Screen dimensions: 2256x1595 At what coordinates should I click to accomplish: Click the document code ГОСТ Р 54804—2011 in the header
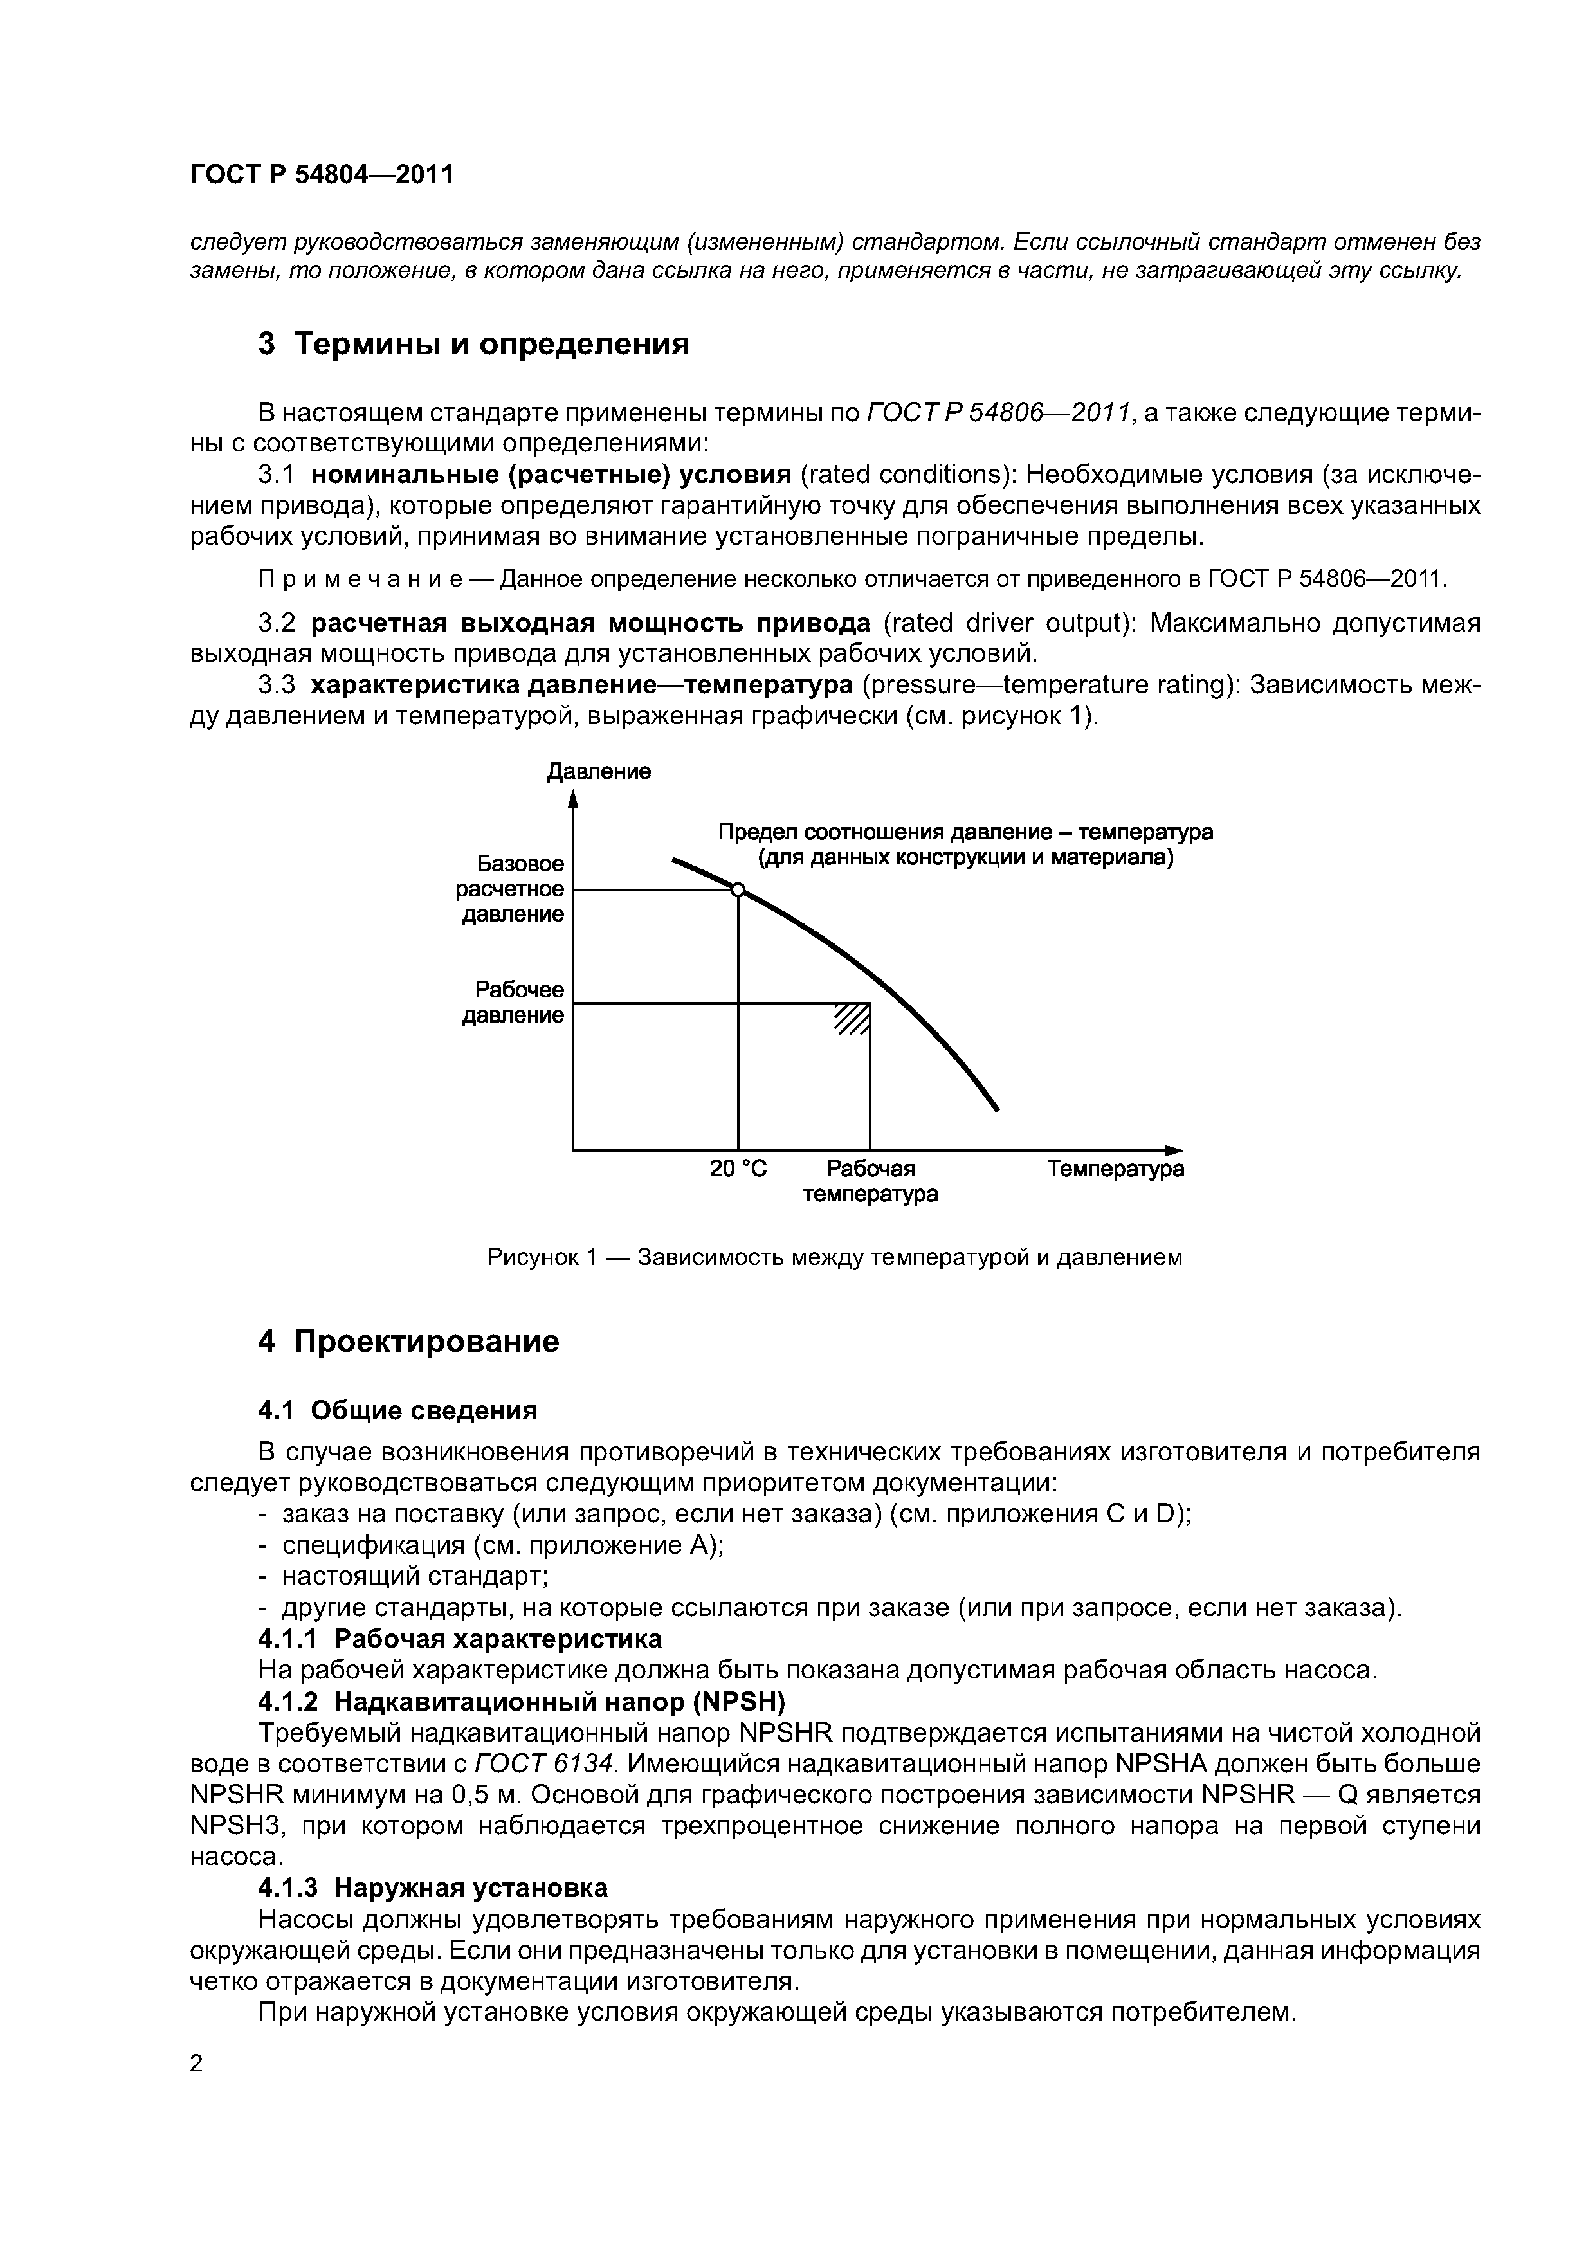pyautogui.click(x=322, y=175)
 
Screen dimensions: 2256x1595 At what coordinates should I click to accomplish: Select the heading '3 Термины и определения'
pyautogui.click(x=473, y=345)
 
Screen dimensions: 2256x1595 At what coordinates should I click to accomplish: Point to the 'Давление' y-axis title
pyautogui.click(x=599, y=771)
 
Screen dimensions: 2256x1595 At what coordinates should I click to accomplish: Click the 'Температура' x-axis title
pyautogui.click(x=1115, y=1169)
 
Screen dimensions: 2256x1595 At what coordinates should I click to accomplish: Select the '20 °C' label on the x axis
pyautogui.click(x=738, y=1169)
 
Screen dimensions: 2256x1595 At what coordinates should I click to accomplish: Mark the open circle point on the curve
pyautogui.click(x=738, y=890)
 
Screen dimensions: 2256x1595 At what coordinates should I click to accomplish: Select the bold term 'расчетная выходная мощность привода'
pyautogui.click(x=590, y=624)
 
